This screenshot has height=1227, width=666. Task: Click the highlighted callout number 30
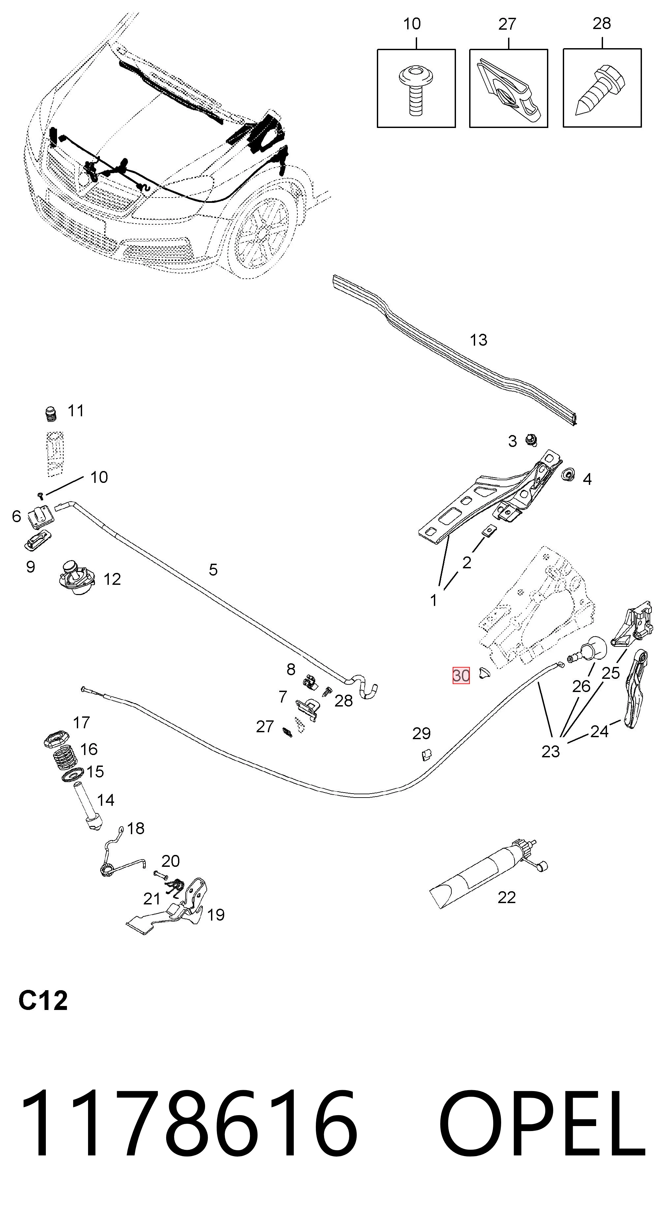click(x=461, y=676)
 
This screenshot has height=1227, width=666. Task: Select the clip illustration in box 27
click(x=508, y=89)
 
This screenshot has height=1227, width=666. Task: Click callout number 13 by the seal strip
click(x=478, y=340)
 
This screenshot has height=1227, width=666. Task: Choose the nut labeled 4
click(x=567, y=475)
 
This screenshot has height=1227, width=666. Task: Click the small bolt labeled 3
click(x=531, y=440)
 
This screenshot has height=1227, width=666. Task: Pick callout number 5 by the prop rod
click(x=213, y=569)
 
